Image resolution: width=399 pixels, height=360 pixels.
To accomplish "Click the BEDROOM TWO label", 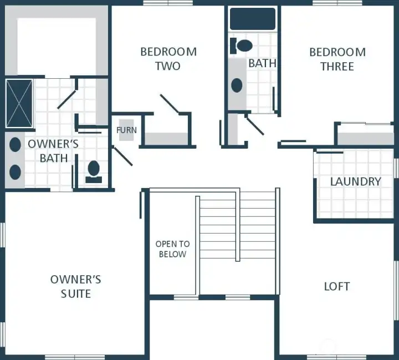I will pos(168,59).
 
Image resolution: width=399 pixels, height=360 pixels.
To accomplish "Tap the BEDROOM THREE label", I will pos(337,59).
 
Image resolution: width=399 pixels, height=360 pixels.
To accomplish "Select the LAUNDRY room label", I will pos(355,181).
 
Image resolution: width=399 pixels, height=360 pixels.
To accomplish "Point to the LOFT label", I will pos(336,286).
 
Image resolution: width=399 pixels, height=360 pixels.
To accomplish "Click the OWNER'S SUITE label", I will pos(75,286).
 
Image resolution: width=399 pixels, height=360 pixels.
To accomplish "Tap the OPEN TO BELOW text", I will pos(172,249).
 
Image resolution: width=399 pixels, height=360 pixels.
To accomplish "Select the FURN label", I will pos(126,130).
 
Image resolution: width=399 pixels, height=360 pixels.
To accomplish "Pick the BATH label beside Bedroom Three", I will pos(262,63).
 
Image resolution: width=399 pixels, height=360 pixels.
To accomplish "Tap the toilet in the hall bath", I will pos(242,45).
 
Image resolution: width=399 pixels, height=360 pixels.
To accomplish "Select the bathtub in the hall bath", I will pos(253,18).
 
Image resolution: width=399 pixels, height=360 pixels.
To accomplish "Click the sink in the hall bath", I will pos(237,85).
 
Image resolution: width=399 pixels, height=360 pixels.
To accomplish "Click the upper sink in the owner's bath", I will pos(15,145).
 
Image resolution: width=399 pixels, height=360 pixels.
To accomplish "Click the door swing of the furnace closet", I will pos(122,156).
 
